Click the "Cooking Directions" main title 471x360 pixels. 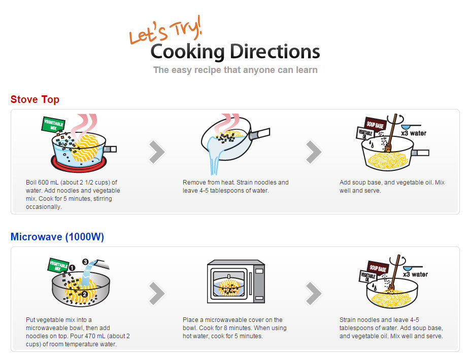click(x=235, y=52)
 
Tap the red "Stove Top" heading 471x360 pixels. click(x=35, y=99)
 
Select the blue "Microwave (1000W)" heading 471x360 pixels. click(x=57, y=237)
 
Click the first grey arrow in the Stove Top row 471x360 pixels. click(x=157, y=152)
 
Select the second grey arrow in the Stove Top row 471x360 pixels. click(x=314, y=152)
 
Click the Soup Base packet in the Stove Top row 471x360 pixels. click(x=375, y=124)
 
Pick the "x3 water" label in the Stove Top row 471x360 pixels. click(x=414, y=133)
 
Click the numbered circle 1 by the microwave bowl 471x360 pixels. click(x=72, y=268)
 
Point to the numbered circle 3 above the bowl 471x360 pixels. click(x=85, y=262)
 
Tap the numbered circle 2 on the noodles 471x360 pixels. click(x=84, y=294)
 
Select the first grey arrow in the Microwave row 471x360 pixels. click(x=157, y=293)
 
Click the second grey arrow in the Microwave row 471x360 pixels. click(x=314, y=293)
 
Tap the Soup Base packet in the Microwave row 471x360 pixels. click(x=378, y=267)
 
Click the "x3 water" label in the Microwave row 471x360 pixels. click(x=416, y=274)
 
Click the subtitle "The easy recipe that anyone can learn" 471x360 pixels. click(x=235, y=70)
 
